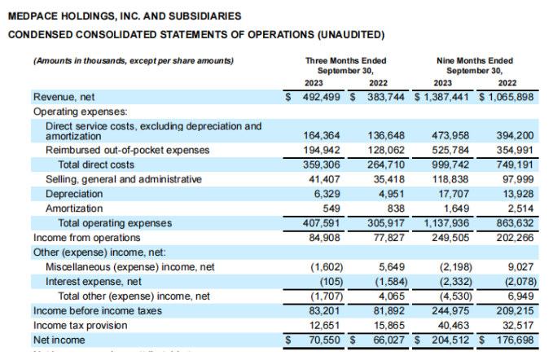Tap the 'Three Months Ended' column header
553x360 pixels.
click(345, 60)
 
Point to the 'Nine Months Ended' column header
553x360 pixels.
click(476, 60)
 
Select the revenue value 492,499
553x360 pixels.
click(321, 97)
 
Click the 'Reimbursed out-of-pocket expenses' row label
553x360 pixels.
click(116, 150)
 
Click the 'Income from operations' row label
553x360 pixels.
click(86, 238)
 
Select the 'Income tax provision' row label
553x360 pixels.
click(80, 326)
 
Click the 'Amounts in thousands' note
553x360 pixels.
click(133, 61)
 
